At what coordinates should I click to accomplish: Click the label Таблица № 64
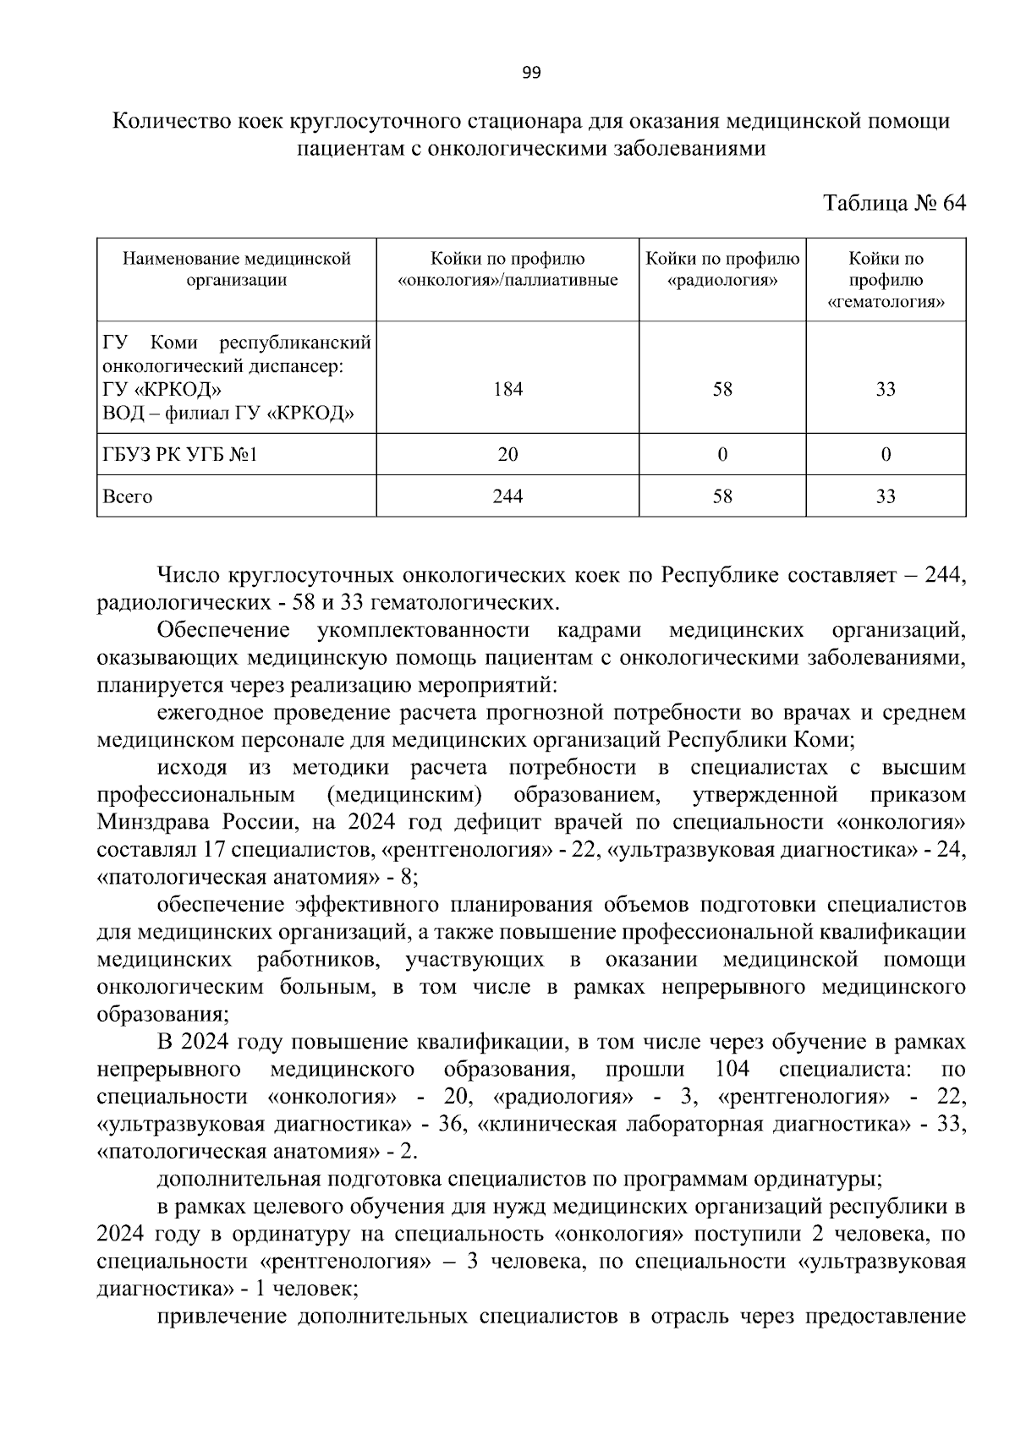point(894,204)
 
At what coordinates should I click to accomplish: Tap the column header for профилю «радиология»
point(721,270)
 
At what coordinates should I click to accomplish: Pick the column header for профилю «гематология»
point(886,280)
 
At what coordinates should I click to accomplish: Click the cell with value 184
point(507,390)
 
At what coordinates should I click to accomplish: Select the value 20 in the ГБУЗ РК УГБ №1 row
point(507,455)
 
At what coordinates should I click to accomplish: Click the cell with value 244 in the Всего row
point(507,496)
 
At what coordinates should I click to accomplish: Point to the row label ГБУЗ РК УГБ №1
point(179,455)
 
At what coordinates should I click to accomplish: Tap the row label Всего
point(128,496)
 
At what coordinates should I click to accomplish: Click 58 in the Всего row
point(721,496)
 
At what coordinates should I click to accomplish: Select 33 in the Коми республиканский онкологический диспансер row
point(886,390)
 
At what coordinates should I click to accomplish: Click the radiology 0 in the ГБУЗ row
point(721,455)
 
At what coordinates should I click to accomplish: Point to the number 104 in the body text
point(732,1070)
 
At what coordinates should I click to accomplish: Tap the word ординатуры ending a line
point(829,1178)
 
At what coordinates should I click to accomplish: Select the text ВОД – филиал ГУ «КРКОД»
point(228,413)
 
